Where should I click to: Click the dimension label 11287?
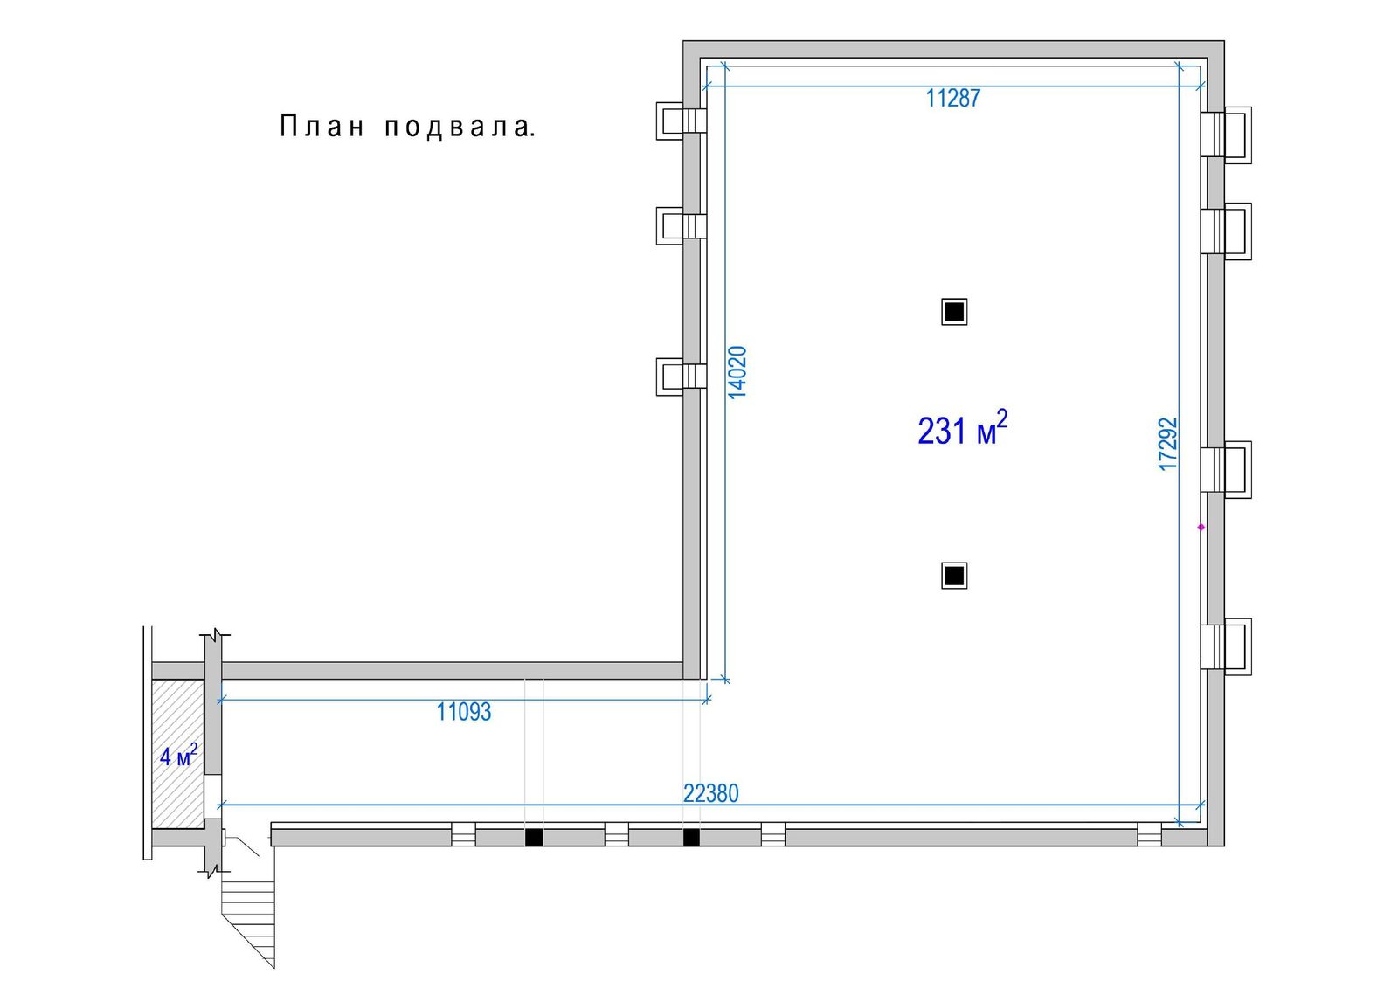pyautogui.click(x=952, y=98)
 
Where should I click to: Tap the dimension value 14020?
pyautogui.click(x=737, y=373)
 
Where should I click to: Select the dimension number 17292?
pyautogui.click(x=1167, y=445)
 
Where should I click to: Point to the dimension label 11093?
pyautogui.click(x=464, y=712)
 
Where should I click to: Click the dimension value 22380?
pyautogui.click(x=711, y=794)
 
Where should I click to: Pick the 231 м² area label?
pyautogui.click(x=962, y=428)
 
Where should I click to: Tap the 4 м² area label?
pyautogui.click(x=179, y=756)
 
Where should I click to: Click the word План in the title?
pyautogui.click(x=322, y=126)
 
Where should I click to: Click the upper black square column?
pyautogui.click(x=954, y=312)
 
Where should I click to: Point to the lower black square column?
pyautogui.click(x=954, y=576)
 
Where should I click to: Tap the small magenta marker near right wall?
pyautogui.click(x=1201, y=528)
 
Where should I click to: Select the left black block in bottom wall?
pyautogui.click(x=534, y=838)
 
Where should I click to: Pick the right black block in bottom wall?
pyautogui.click(x=691, y=838)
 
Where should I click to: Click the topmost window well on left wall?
pyautogui.click(x=681, y=121)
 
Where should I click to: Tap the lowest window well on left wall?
pyautogui.click(x=681, y=377)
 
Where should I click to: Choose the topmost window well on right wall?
pyautogui.click(x=1227, y=135)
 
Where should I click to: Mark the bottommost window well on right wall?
pyautogui.click(x=1227, y=646)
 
